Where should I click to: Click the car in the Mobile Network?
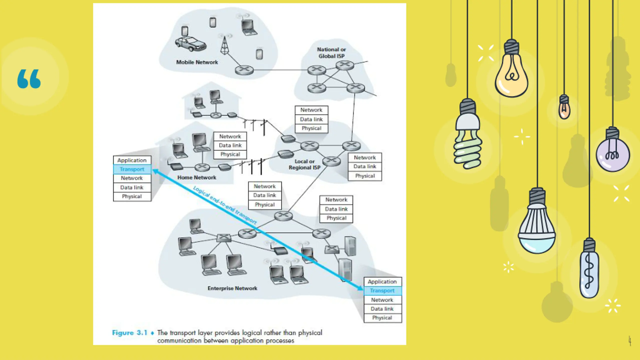click(190, 44)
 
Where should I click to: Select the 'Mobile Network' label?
click(197, 62)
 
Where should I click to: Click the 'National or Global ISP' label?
click(331, 53)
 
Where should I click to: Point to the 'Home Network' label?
click(197, 177)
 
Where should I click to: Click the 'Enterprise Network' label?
click(232, 288)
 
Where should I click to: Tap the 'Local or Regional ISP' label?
click(304, 164)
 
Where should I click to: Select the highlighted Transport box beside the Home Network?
click(132, 169)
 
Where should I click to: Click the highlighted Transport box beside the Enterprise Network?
click(382, 291)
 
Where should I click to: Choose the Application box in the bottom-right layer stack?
click(382, 282)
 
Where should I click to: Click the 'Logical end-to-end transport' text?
click(225, 205)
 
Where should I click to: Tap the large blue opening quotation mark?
click(29, 79)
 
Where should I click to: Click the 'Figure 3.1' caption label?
click(129, 333)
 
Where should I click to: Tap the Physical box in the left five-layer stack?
click(132, 196)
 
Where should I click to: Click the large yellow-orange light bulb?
click(511, 75)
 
